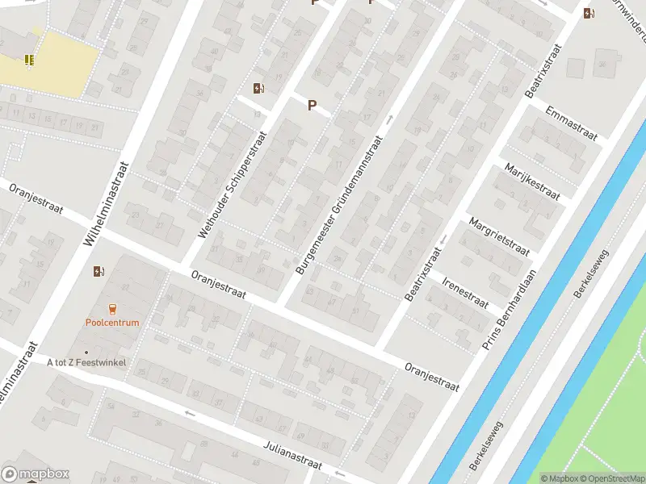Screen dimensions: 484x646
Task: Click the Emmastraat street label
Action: pos(572,123)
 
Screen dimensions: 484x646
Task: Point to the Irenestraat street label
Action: pos(465,291)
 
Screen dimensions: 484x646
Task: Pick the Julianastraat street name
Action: pos(292,456)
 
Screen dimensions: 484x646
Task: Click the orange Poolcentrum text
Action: pos(112,323)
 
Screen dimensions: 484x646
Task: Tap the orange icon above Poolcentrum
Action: pos(112,309)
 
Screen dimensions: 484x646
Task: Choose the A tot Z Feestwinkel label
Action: pos(86,363)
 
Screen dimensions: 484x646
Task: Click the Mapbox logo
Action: pos(36,474)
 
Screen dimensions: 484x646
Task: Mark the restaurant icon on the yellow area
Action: pos(29,59)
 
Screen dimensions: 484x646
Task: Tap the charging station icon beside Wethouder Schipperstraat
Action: pos(258,89)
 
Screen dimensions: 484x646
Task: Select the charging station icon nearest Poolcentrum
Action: pos(99,271)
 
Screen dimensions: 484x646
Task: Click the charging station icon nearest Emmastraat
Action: pos(589,13)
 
